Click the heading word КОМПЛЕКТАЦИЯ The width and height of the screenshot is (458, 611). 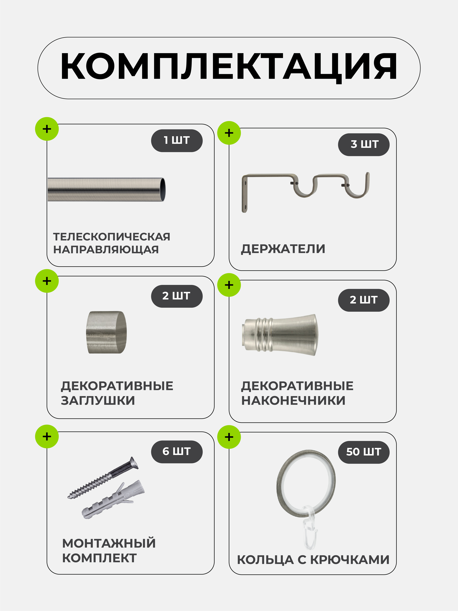229,67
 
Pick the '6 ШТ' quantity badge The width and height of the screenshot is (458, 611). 177,451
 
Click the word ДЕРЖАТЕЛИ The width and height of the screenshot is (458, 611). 283,249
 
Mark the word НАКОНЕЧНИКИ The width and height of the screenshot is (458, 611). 293,400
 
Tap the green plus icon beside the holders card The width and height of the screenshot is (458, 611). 229,133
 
